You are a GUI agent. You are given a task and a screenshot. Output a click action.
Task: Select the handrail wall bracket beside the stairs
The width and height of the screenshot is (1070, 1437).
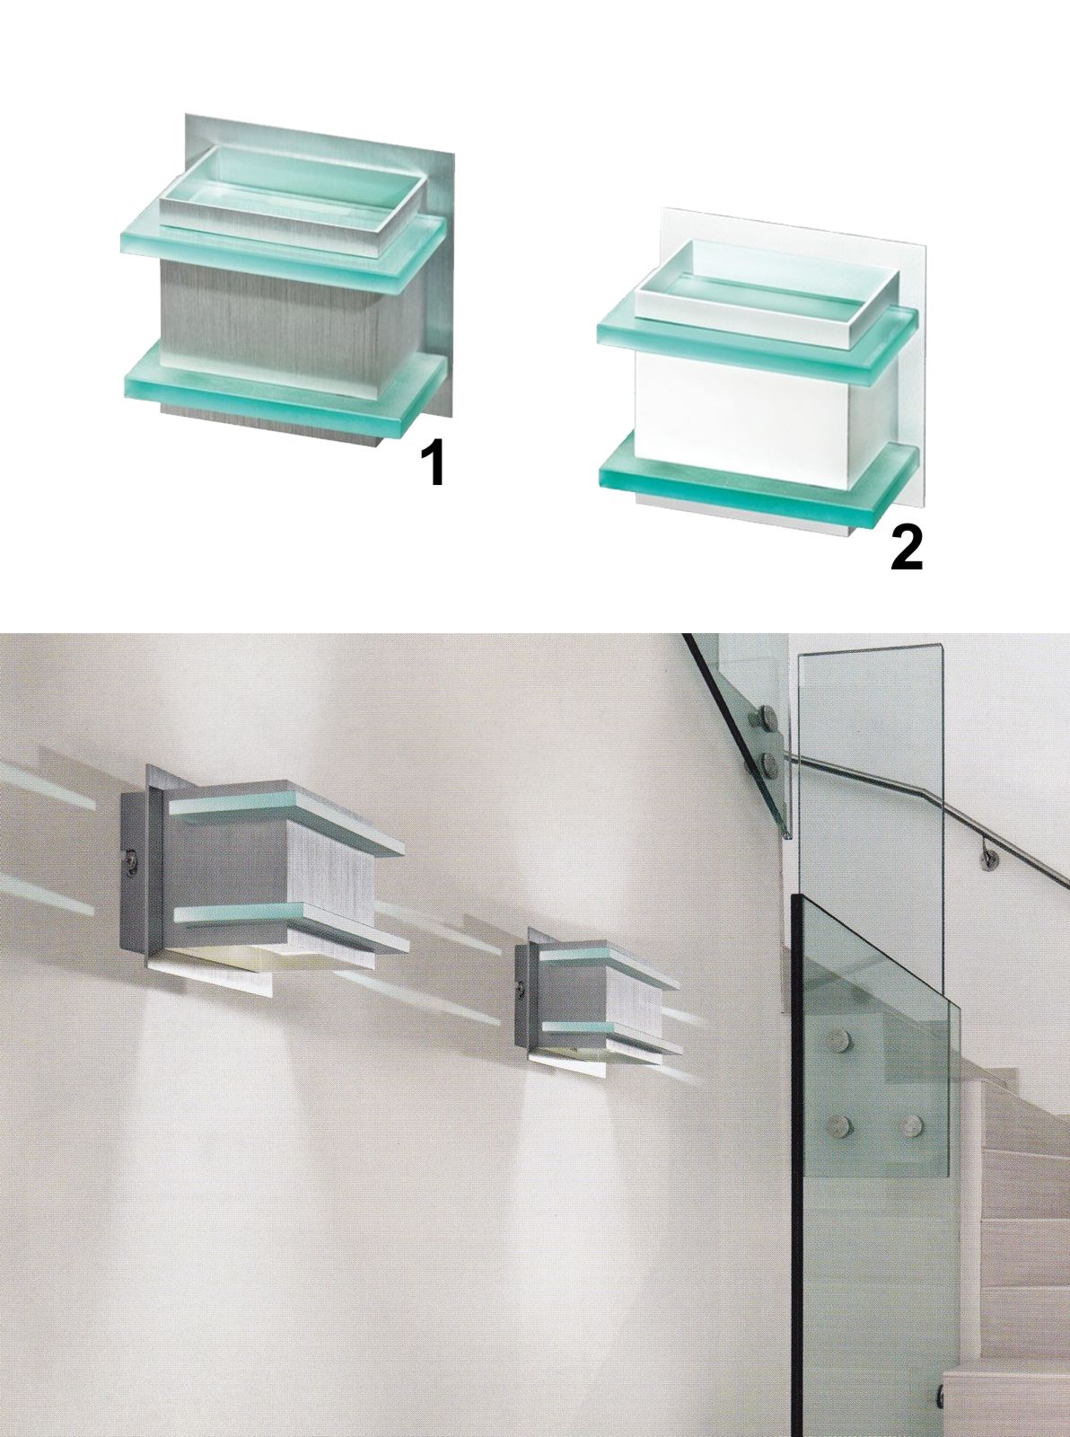[x=990, y=859]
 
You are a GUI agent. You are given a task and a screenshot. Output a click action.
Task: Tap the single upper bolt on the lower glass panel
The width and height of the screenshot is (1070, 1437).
[x=838, y=1038]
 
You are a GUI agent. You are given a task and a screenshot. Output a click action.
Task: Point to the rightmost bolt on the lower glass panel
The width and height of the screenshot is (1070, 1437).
[x=913, y=1124]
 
